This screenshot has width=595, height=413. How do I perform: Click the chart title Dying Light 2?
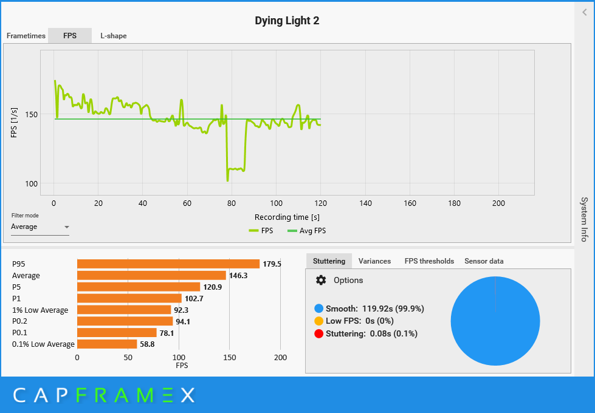point(287,21)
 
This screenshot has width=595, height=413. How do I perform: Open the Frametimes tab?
point(26,36)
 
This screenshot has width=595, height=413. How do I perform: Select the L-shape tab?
point(114,36)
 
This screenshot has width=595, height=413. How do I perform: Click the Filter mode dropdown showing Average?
point(40,227)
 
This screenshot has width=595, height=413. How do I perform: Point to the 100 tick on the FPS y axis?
point(30,184)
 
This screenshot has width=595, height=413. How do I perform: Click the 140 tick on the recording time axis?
point(365,203)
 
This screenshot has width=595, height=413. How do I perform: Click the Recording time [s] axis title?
point(287,217)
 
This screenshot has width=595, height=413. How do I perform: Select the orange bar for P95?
point(168,264)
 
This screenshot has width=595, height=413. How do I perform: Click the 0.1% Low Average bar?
point(107,344)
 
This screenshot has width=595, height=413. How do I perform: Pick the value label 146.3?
point(238,276)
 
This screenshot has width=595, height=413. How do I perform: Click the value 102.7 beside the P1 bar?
point(194,299)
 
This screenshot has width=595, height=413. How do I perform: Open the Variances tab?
point(374,261)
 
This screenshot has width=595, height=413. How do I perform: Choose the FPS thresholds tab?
point(429,261)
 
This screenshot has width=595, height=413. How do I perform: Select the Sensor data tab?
point(484,261)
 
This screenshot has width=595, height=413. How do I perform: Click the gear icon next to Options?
point(321,280)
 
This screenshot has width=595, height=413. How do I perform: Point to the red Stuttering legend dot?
point(319,333)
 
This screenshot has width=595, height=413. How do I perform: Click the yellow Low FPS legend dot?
point(319,321)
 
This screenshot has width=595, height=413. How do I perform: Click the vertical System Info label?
point(584,219)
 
